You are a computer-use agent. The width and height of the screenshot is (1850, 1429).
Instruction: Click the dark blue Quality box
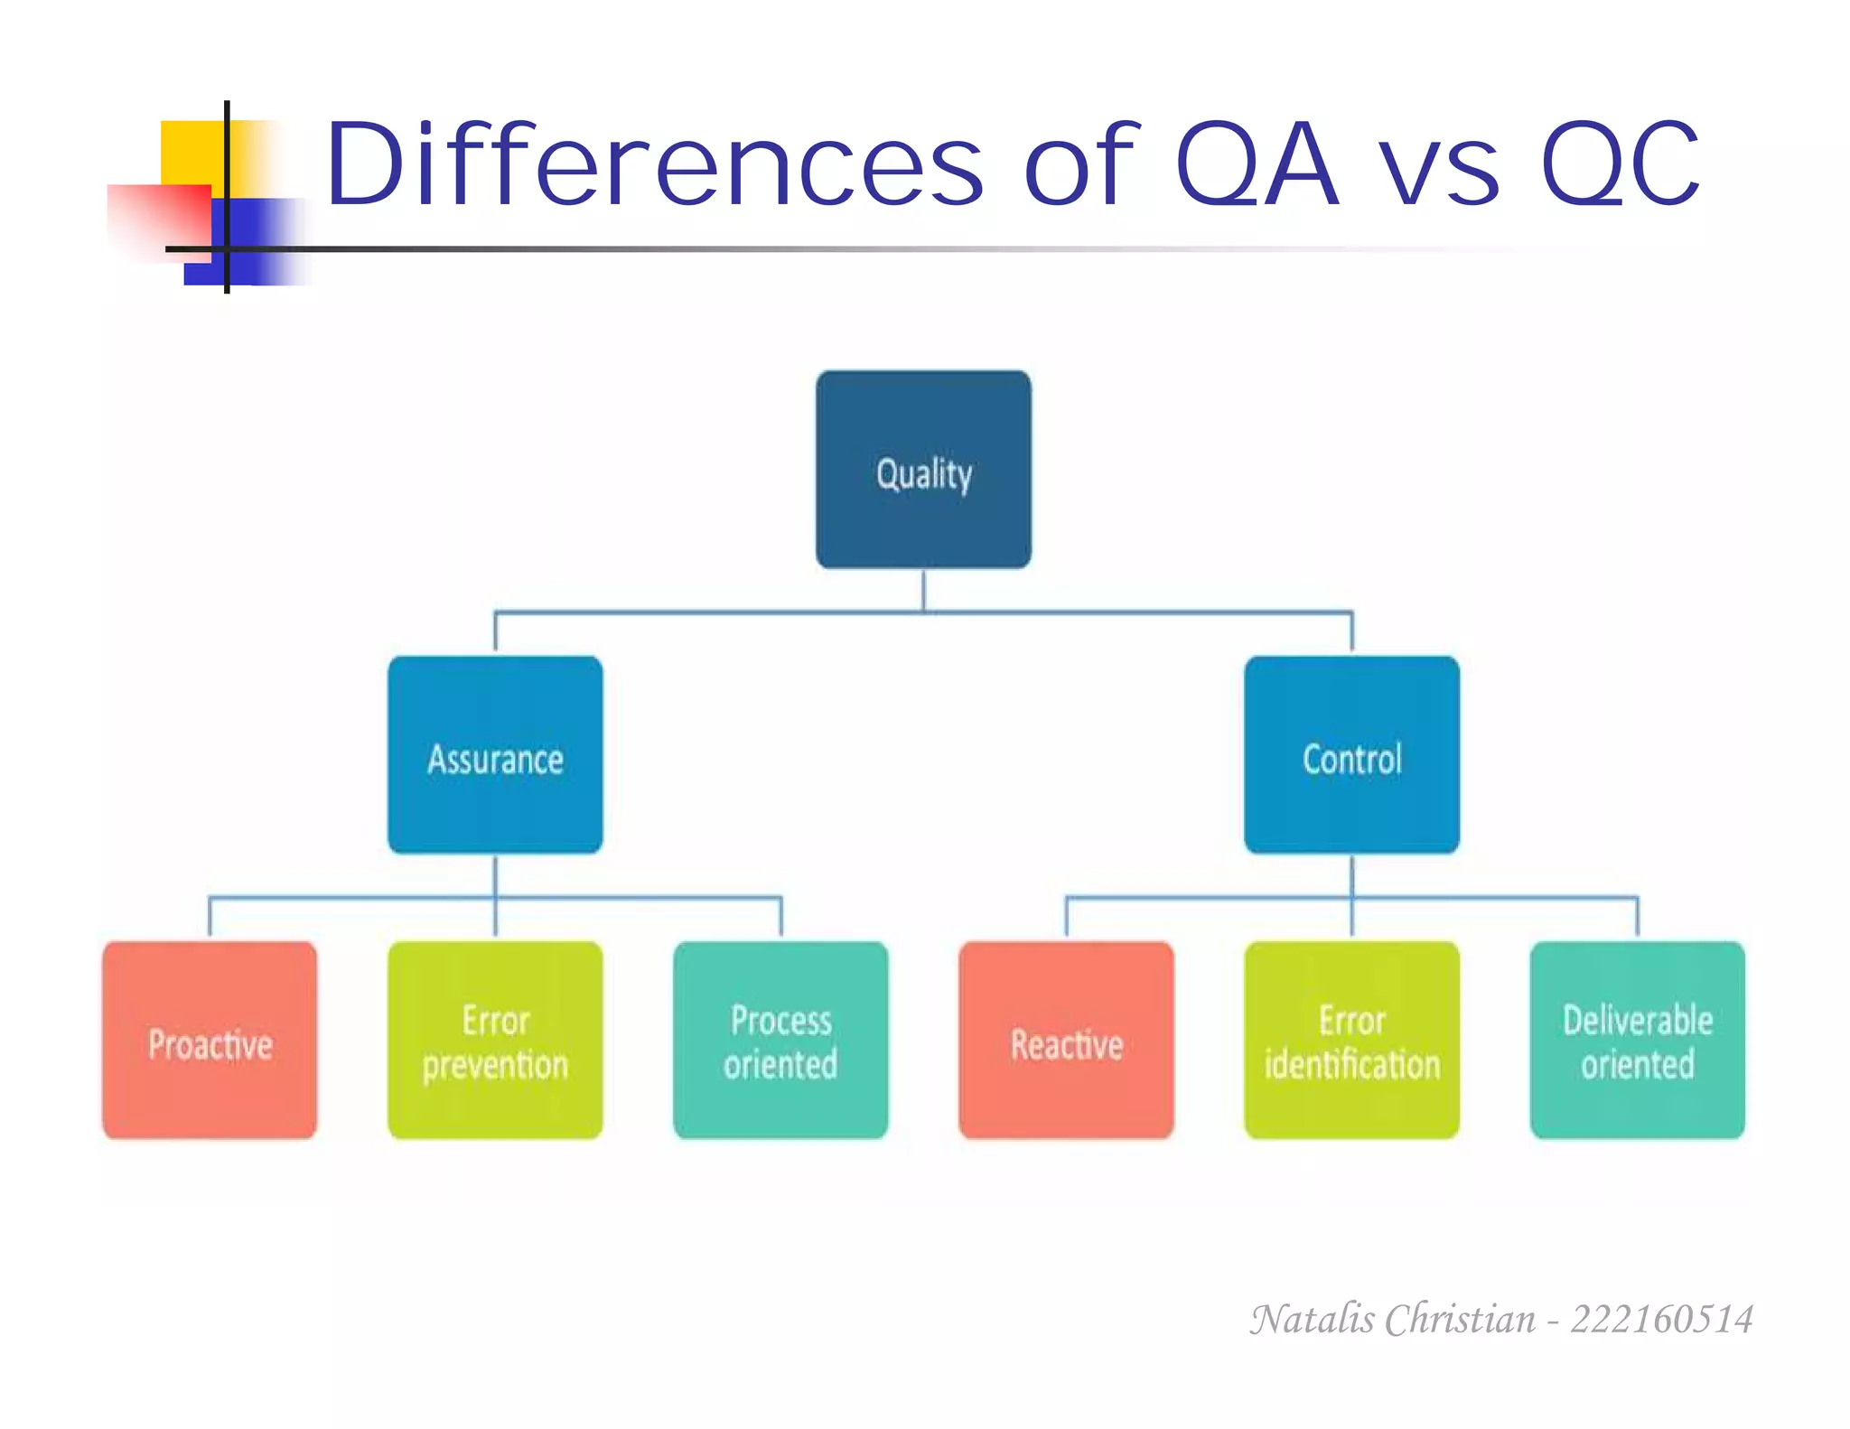pyautogui.click(x=923, y=470)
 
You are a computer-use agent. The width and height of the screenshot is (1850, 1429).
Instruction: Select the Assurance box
pyautogui.click(x=495, y=755)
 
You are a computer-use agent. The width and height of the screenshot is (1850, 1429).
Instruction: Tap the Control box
pyautogui.click(x=1351, y=755)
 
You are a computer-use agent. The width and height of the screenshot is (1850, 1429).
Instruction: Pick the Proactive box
pyautogui.click(x=210, y=1041)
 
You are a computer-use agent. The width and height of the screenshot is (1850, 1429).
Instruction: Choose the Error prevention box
pyautogui.click(x=495, y=1041)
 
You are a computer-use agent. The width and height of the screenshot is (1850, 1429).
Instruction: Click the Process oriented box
pyautogui.click(x=780, y=1041)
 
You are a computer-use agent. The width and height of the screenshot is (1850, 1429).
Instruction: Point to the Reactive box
pyautogui.click(x=1066, y=1041)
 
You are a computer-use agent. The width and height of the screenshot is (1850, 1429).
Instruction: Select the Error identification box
pyautogui.click(x=1351, y=1041)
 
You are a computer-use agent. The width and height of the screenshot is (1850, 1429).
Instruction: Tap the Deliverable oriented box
pyautogui.click(x=1637, y=1041)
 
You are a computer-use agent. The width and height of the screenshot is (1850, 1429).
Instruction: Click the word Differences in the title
pyautogui.click(x=652, y=164)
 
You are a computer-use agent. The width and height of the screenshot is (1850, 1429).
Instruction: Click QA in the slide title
pyautogui.click(x=1256, y=164)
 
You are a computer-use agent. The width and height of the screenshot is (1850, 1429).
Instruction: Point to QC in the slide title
pyautogui.click(x=1620, y=164)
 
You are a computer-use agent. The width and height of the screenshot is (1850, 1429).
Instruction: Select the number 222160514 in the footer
pyautogui.click(x=1661, y=1320)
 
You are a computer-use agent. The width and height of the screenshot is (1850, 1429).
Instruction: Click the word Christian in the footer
pyautogui.click(x=1460, y=1320)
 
